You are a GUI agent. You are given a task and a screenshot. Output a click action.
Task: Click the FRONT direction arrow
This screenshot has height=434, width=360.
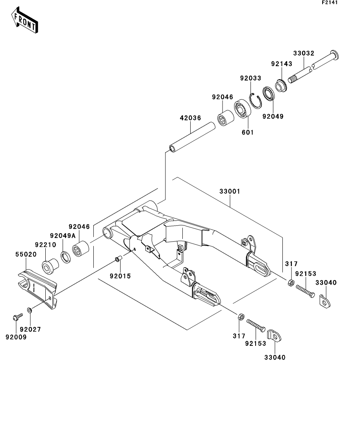coord(24,20)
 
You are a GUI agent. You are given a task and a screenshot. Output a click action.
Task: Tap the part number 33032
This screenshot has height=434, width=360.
coord(304,53)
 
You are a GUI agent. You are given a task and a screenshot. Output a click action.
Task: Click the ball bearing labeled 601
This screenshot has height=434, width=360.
coord(243,109)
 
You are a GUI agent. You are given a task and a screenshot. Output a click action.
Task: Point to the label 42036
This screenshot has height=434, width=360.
coord(190,118)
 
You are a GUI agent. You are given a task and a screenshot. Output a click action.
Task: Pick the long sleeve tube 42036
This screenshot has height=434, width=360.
coord(192,138)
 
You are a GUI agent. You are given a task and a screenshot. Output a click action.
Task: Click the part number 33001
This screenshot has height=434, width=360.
coord(230,191)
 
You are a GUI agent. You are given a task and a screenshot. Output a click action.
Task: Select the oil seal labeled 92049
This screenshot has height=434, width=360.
coord(269,94)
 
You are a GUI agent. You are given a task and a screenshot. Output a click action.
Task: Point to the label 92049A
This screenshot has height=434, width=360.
coord(63,236)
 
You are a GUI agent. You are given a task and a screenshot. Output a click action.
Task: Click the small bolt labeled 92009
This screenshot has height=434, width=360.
coord(18,317)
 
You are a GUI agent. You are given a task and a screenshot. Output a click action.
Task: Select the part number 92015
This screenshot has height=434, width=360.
coord(120,276)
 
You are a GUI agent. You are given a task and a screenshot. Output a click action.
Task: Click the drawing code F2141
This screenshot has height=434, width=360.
coord(330,2)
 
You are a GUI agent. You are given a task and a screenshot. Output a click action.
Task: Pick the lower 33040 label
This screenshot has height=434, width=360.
coord(275,357)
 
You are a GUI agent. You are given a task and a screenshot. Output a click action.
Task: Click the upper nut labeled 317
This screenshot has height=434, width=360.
coord(291,283)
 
